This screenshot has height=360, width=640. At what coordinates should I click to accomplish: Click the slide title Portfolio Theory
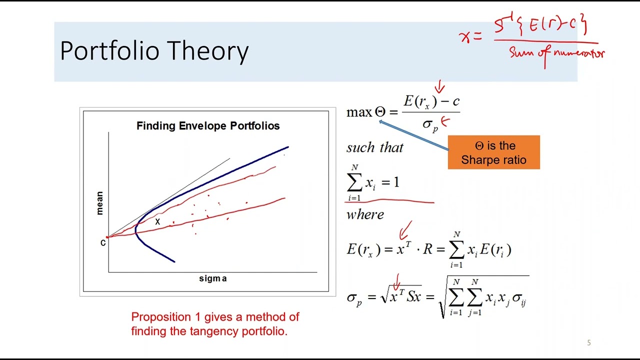[154, 51]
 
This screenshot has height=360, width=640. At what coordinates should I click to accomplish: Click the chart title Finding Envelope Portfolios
[208, 126]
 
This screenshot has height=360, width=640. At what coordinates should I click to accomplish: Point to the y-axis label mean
[99, 203]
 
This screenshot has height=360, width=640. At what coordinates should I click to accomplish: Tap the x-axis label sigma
[213, 278]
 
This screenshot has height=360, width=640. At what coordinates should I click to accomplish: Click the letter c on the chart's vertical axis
[103, 243]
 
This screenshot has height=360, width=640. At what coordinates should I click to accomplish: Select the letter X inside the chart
[157, 221]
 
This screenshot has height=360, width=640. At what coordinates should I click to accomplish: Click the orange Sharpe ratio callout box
[493, 152]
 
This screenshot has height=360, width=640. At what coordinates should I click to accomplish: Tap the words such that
[374, 147]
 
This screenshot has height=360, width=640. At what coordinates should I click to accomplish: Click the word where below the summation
[365, 214]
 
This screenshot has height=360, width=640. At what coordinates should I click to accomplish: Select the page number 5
[588, 343]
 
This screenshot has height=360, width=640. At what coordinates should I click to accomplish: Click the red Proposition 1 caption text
[215, 323]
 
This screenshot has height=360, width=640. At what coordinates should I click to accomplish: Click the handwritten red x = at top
[469, 36]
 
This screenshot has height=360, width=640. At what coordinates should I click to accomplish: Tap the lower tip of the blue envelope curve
[173, 260]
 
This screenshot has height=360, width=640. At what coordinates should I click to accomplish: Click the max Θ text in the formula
[365, 112]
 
